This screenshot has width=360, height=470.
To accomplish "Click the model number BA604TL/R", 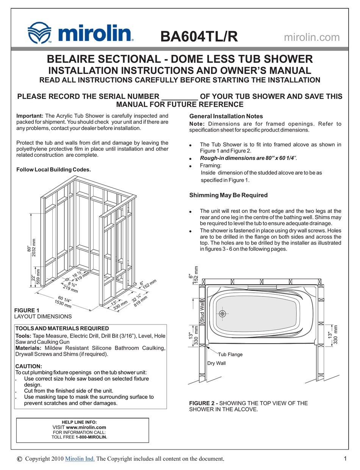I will (199, 37).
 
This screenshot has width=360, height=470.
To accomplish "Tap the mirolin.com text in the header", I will (311, 37).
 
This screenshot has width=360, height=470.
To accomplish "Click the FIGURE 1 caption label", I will (27, 311).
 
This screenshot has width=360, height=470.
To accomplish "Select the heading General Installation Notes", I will (226, 116).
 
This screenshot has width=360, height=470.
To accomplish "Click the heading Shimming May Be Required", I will (228, 195).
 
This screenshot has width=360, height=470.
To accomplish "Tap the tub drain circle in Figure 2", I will (222, 314).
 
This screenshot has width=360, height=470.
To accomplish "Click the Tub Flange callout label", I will (230, 355).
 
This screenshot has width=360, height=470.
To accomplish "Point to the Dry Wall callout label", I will (216, 363).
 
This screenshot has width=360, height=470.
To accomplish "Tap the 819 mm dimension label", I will (141, 300).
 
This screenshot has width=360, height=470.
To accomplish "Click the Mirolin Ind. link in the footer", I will (80, 459).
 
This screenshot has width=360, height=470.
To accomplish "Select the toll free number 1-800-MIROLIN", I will (91, 437).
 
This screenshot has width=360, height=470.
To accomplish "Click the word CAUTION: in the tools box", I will (28, 366).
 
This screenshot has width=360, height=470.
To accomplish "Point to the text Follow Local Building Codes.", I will (53, 170).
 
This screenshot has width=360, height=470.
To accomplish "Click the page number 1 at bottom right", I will (345, 459).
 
